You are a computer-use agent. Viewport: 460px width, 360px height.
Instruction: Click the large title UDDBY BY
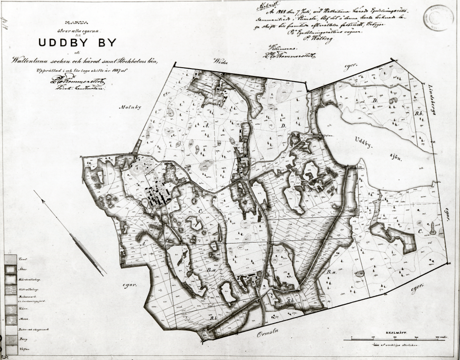coord(77,42)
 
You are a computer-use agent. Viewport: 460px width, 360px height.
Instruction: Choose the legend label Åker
coord(21,269)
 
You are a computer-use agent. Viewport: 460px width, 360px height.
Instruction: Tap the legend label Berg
coord(21,340)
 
